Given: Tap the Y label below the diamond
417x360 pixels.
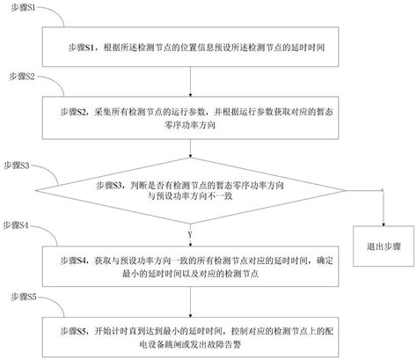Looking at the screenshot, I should pyautogui.click(x=189, y=235).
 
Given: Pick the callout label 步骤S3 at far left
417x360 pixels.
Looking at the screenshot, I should pyautogui.click(x=18, y=165).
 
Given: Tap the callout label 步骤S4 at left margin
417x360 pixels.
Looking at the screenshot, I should pyautogui.click(x=18, y=226).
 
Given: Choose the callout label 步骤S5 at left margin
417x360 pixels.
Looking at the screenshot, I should pyautogui.click(x=18, y=298).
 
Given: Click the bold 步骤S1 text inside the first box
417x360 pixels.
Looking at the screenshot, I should pyautogui.click(x=84, y=44).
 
